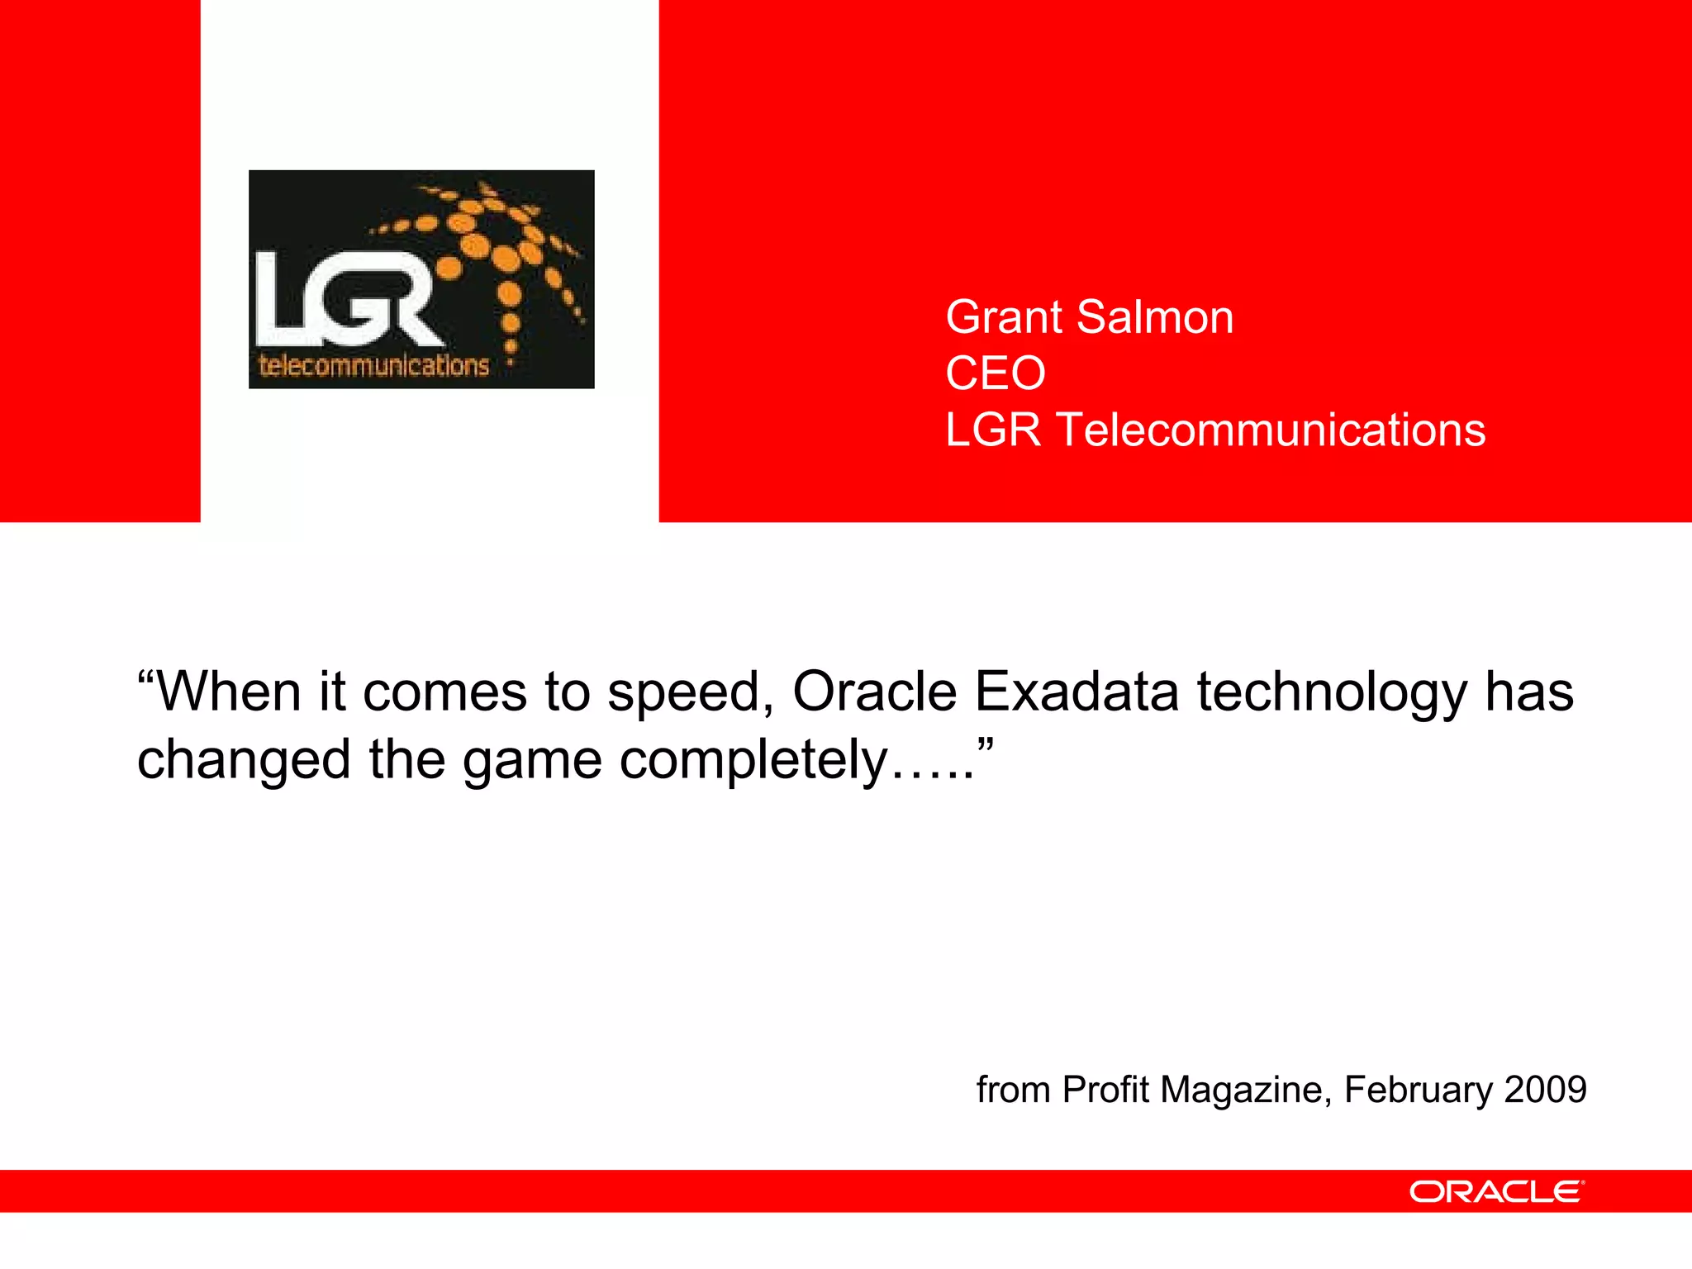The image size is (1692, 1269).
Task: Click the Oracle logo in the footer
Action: point(1496,1191)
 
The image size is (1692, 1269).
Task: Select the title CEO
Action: point(996,373)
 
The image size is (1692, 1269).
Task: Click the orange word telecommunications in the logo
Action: point(374,366)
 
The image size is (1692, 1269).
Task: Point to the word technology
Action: point(1332,692)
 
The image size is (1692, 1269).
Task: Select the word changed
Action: point(244,760)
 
